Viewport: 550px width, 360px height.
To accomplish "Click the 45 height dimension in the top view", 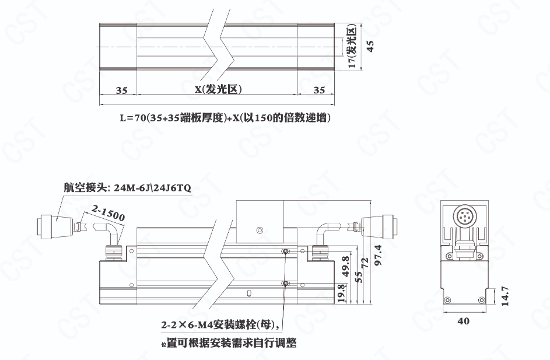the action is click(370, 47).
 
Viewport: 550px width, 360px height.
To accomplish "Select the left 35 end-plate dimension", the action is click(121, 90).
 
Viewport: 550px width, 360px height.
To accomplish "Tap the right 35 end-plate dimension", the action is click(319, 90).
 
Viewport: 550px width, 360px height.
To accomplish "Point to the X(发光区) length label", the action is click(219, 89).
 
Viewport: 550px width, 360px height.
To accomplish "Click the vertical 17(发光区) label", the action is click(352, 46).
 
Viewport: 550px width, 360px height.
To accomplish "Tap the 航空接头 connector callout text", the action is click(127, 188).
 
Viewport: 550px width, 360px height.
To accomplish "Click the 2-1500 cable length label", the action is click(108, 212).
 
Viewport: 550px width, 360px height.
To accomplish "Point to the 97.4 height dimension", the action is click(378, 255).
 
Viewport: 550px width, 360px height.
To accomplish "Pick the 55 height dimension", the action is click(358, 276).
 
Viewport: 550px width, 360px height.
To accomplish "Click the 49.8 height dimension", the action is click(345, 267).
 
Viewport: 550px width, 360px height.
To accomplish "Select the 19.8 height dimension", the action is click(341, 293).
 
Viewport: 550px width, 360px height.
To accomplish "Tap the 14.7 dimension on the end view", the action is click(505, 296).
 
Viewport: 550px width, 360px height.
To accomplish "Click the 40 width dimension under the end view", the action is click(463, 321).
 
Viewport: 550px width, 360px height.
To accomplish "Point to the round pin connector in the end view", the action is click(464, 216).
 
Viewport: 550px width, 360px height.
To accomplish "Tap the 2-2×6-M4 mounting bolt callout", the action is click(220, 325).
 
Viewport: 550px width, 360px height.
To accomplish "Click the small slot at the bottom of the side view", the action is click(248, 292).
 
